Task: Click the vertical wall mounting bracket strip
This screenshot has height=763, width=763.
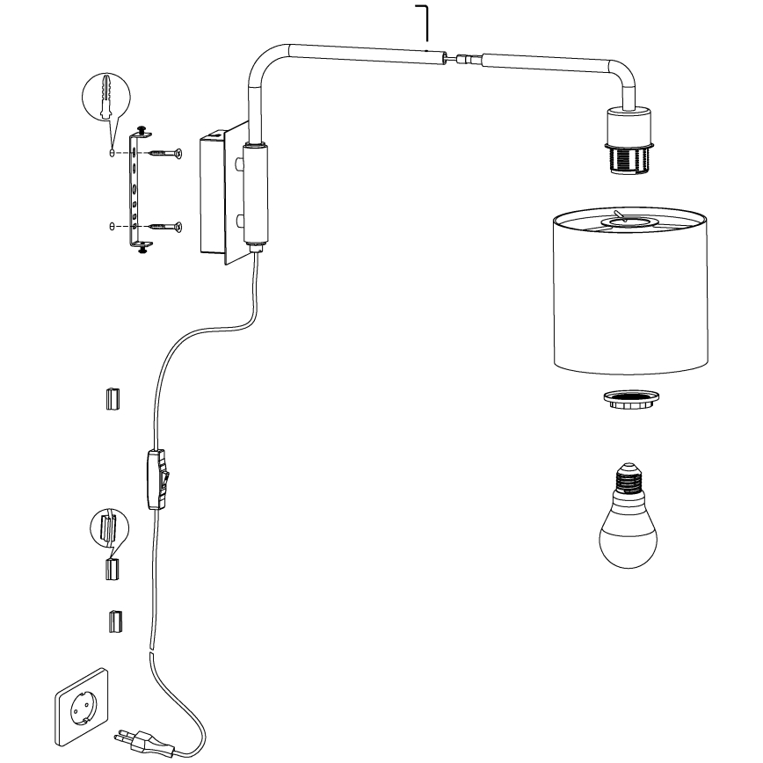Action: coord(135,189)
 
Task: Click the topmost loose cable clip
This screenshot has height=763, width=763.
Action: coord(112,399)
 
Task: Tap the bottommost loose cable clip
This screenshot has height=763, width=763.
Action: coord(113,621)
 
